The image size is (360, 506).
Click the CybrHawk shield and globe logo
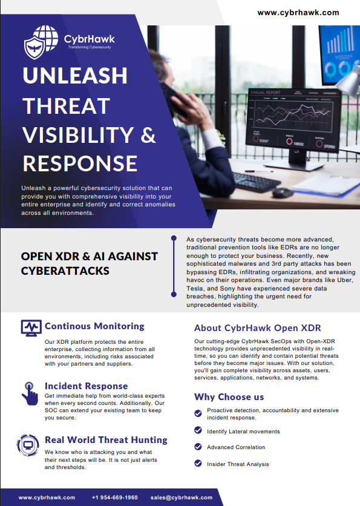[41, 42]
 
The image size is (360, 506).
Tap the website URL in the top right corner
[298, 13]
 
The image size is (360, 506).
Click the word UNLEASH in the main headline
[75, 76]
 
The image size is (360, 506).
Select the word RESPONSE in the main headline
[80, 163]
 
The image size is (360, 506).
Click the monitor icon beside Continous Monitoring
[31, 328]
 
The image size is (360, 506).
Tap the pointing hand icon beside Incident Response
[30, 393]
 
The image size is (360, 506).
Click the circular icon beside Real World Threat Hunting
[28, 445]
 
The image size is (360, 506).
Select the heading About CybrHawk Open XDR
[257, 328]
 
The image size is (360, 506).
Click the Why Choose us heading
[229, 396]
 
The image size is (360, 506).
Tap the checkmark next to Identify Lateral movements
[198, 430]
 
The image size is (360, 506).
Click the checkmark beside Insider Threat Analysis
[198, 464]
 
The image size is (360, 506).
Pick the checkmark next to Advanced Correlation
[198, 447]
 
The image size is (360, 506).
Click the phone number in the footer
[115, 498]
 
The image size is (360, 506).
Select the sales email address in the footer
[182, 498]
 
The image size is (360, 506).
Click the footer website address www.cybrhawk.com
[47, 498]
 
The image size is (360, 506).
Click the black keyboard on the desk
[255, 182]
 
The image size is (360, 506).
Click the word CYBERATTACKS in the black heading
[65, 271]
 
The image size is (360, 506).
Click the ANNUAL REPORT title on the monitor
[266, 93]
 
